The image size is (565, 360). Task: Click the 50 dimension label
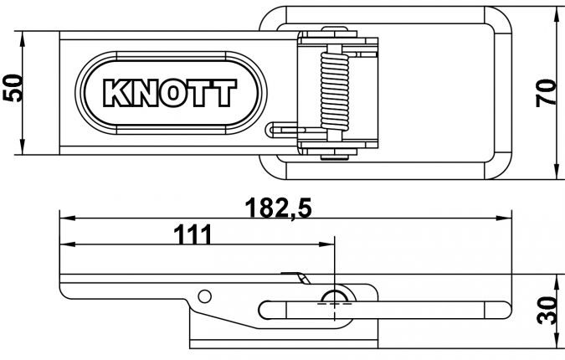pos(12,89)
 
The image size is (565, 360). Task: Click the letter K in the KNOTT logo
pos(115,94)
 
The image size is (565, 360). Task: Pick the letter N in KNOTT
pos(143,94)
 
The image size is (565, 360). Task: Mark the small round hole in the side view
pos(203,295)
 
